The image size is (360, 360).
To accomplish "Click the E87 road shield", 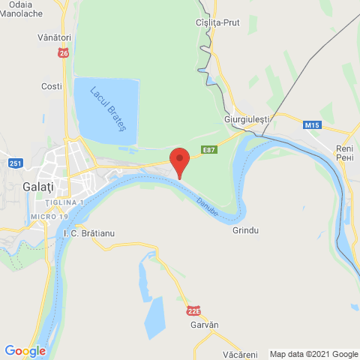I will tap(213, 150).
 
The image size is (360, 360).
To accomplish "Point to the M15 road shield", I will tap(313, 124).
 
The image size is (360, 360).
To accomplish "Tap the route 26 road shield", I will tap(63, 53).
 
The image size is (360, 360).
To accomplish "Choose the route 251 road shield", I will tap(16, 163).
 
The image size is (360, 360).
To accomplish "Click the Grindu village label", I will tap(245, 230).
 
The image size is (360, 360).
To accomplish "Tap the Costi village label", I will tap(52, 86).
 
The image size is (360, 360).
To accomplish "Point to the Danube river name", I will tap(208, 206).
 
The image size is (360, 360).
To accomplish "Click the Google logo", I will tap(25, 350).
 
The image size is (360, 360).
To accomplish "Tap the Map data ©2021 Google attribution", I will tap(313, 354).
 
